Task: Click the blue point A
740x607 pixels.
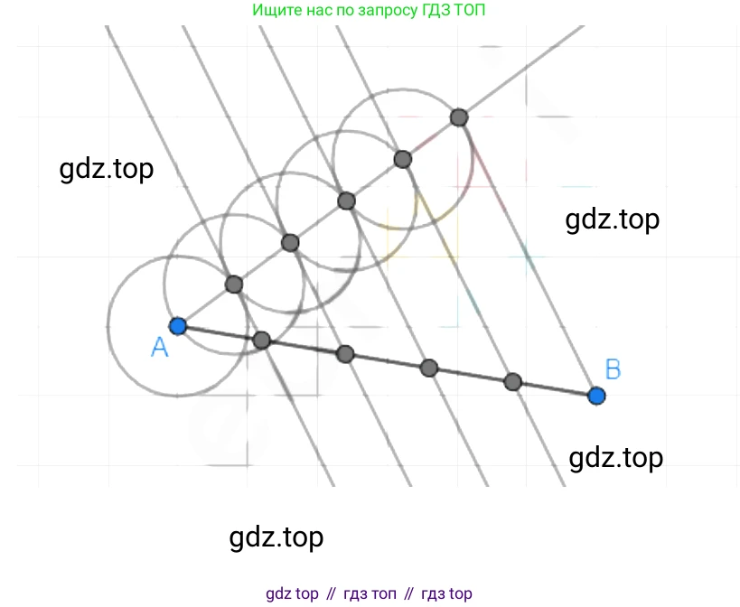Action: [x=178, y=326]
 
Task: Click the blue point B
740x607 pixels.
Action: [x=595, y=395]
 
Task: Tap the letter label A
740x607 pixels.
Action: [x=160, y=348]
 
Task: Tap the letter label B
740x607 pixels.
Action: [x=613, y=369]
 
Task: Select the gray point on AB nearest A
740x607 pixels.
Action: [x=261, y=340]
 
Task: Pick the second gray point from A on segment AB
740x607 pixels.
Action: [x=345, y=353]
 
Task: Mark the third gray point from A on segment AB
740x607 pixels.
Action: [x=429, y=368]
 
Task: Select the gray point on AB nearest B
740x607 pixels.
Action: [x=512, y=381]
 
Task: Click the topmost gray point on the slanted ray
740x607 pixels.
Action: [x=459, y=117]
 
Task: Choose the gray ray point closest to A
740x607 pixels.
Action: [x=234, y=285]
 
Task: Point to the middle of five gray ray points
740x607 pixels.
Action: [x=346, y=201]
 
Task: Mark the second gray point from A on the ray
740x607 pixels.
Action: [x=290, y=242]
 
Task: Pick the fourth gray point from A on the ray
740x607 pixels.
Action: [x=403, y=159]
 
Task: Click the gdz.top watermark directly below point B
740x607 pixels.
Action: [x=615, y=458]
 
